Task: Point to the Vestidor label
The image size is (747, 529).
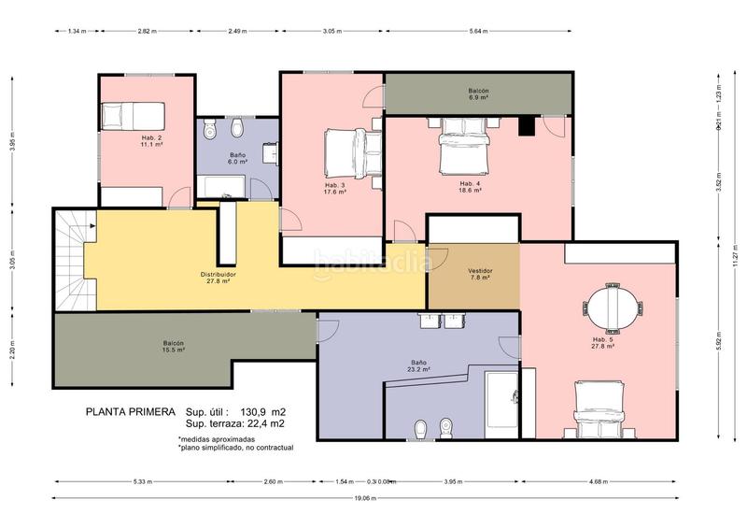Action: point(480,274)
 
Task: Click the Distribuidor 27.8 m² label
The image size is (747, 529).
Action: point(218,277)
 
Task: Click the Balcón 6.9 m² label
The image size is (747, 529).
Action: point(478,93)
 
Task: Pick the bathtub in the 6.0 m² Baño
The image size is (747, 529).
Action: point(220,187)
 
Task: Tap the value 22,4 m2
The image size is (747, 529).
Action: point(265,424)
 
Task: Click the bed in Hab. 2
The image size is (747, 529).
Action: point(133,117)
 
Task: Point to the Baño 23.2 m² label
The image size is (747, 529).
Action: point(419,366)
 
